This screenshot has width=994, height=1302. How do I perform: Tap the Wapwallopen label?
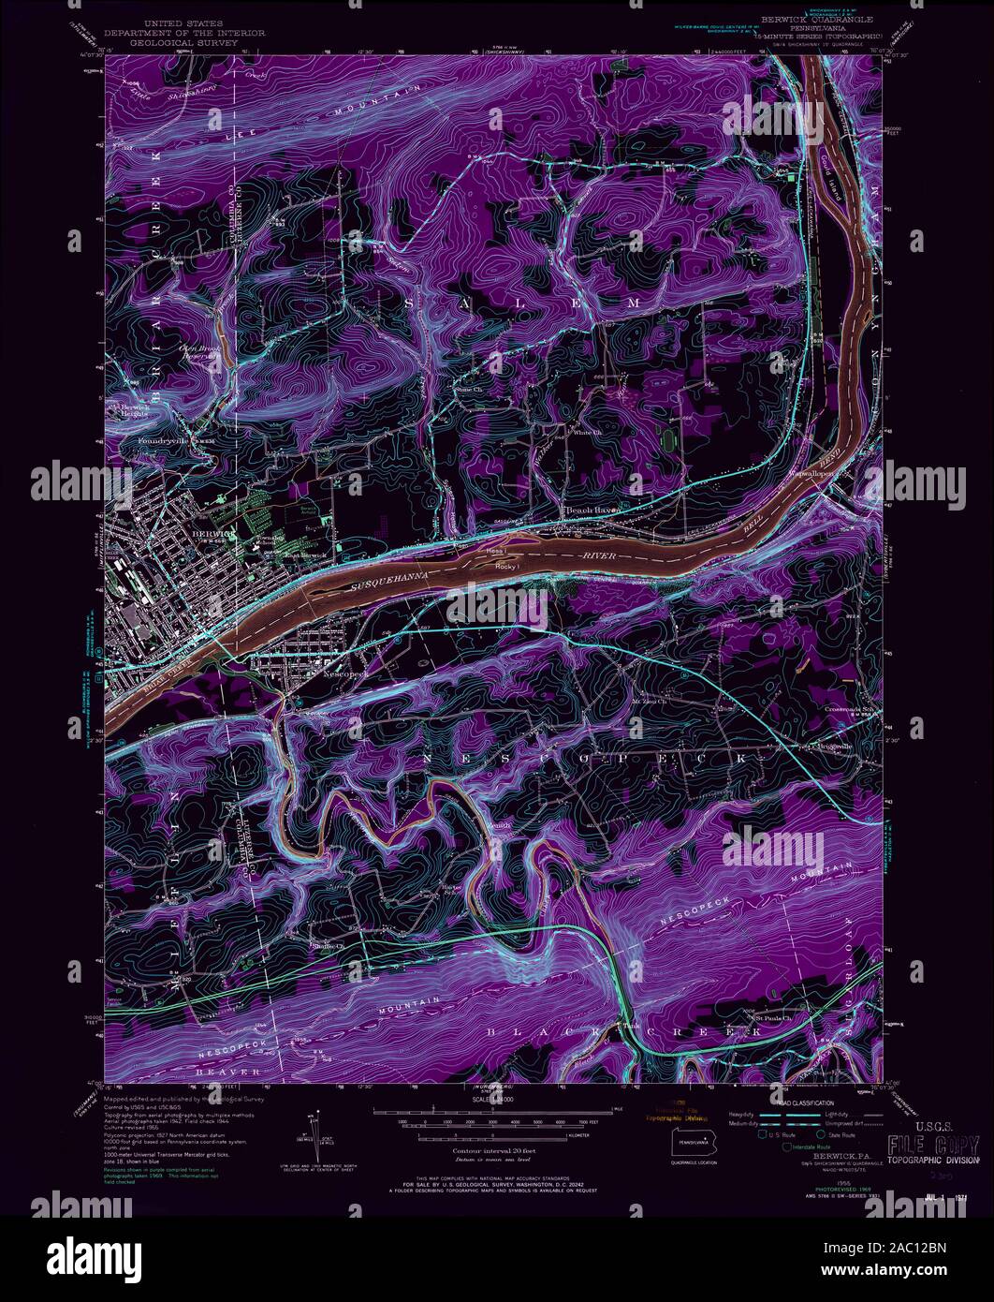825,476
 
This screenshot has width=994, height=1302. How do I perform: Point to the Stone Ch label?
466,384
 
